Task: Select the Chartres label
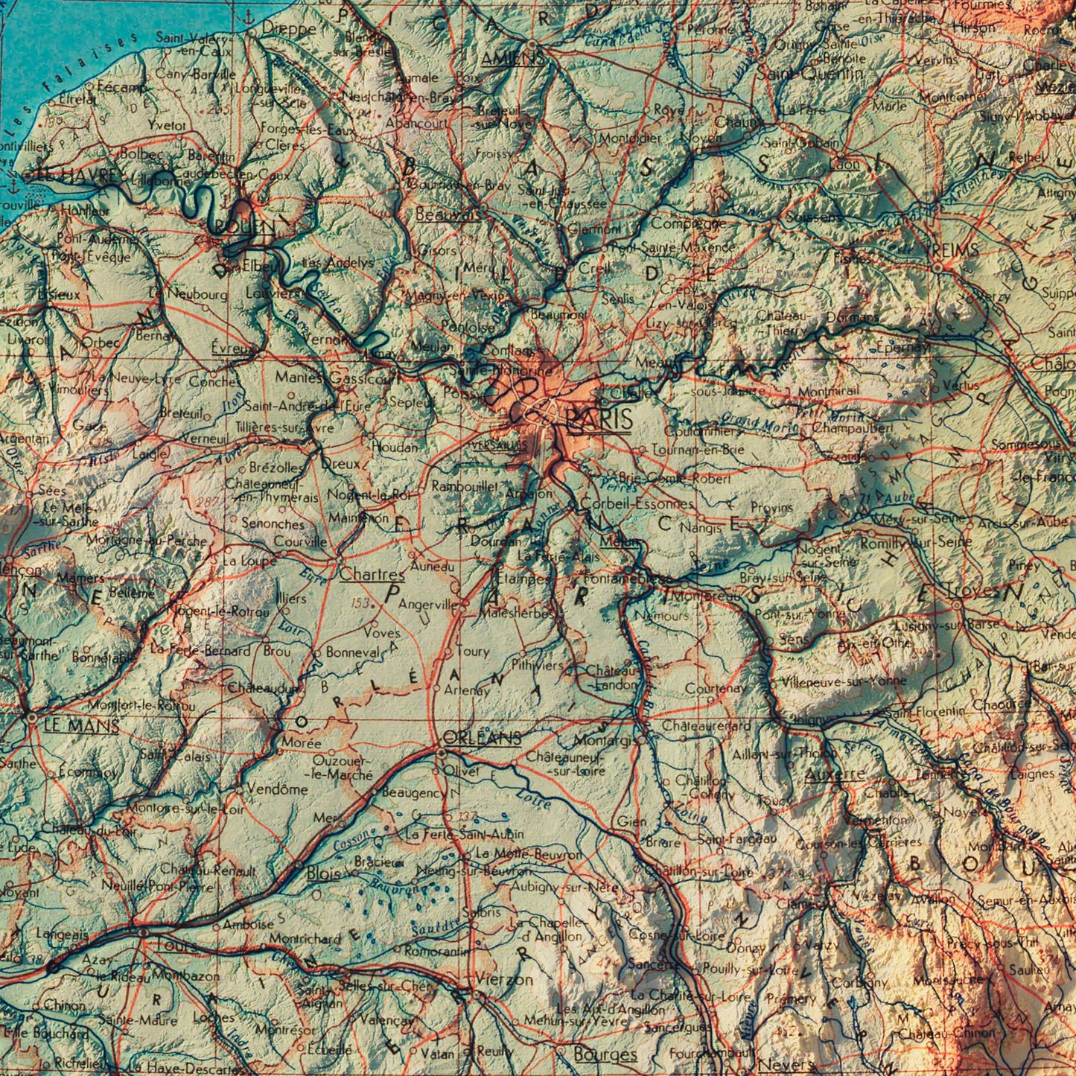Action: [x=372, y=575]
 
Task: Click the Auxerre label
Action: [x=835, y=774]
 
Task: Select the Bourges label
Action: [x=605, y=1054]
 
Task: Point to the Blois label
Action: [x=323, y=872]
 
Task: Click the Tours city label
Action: [x=176, y=946]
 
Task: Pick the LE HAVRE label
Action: [x=77, y=176]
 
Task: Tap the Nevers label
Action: [x=786, y=1066]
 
